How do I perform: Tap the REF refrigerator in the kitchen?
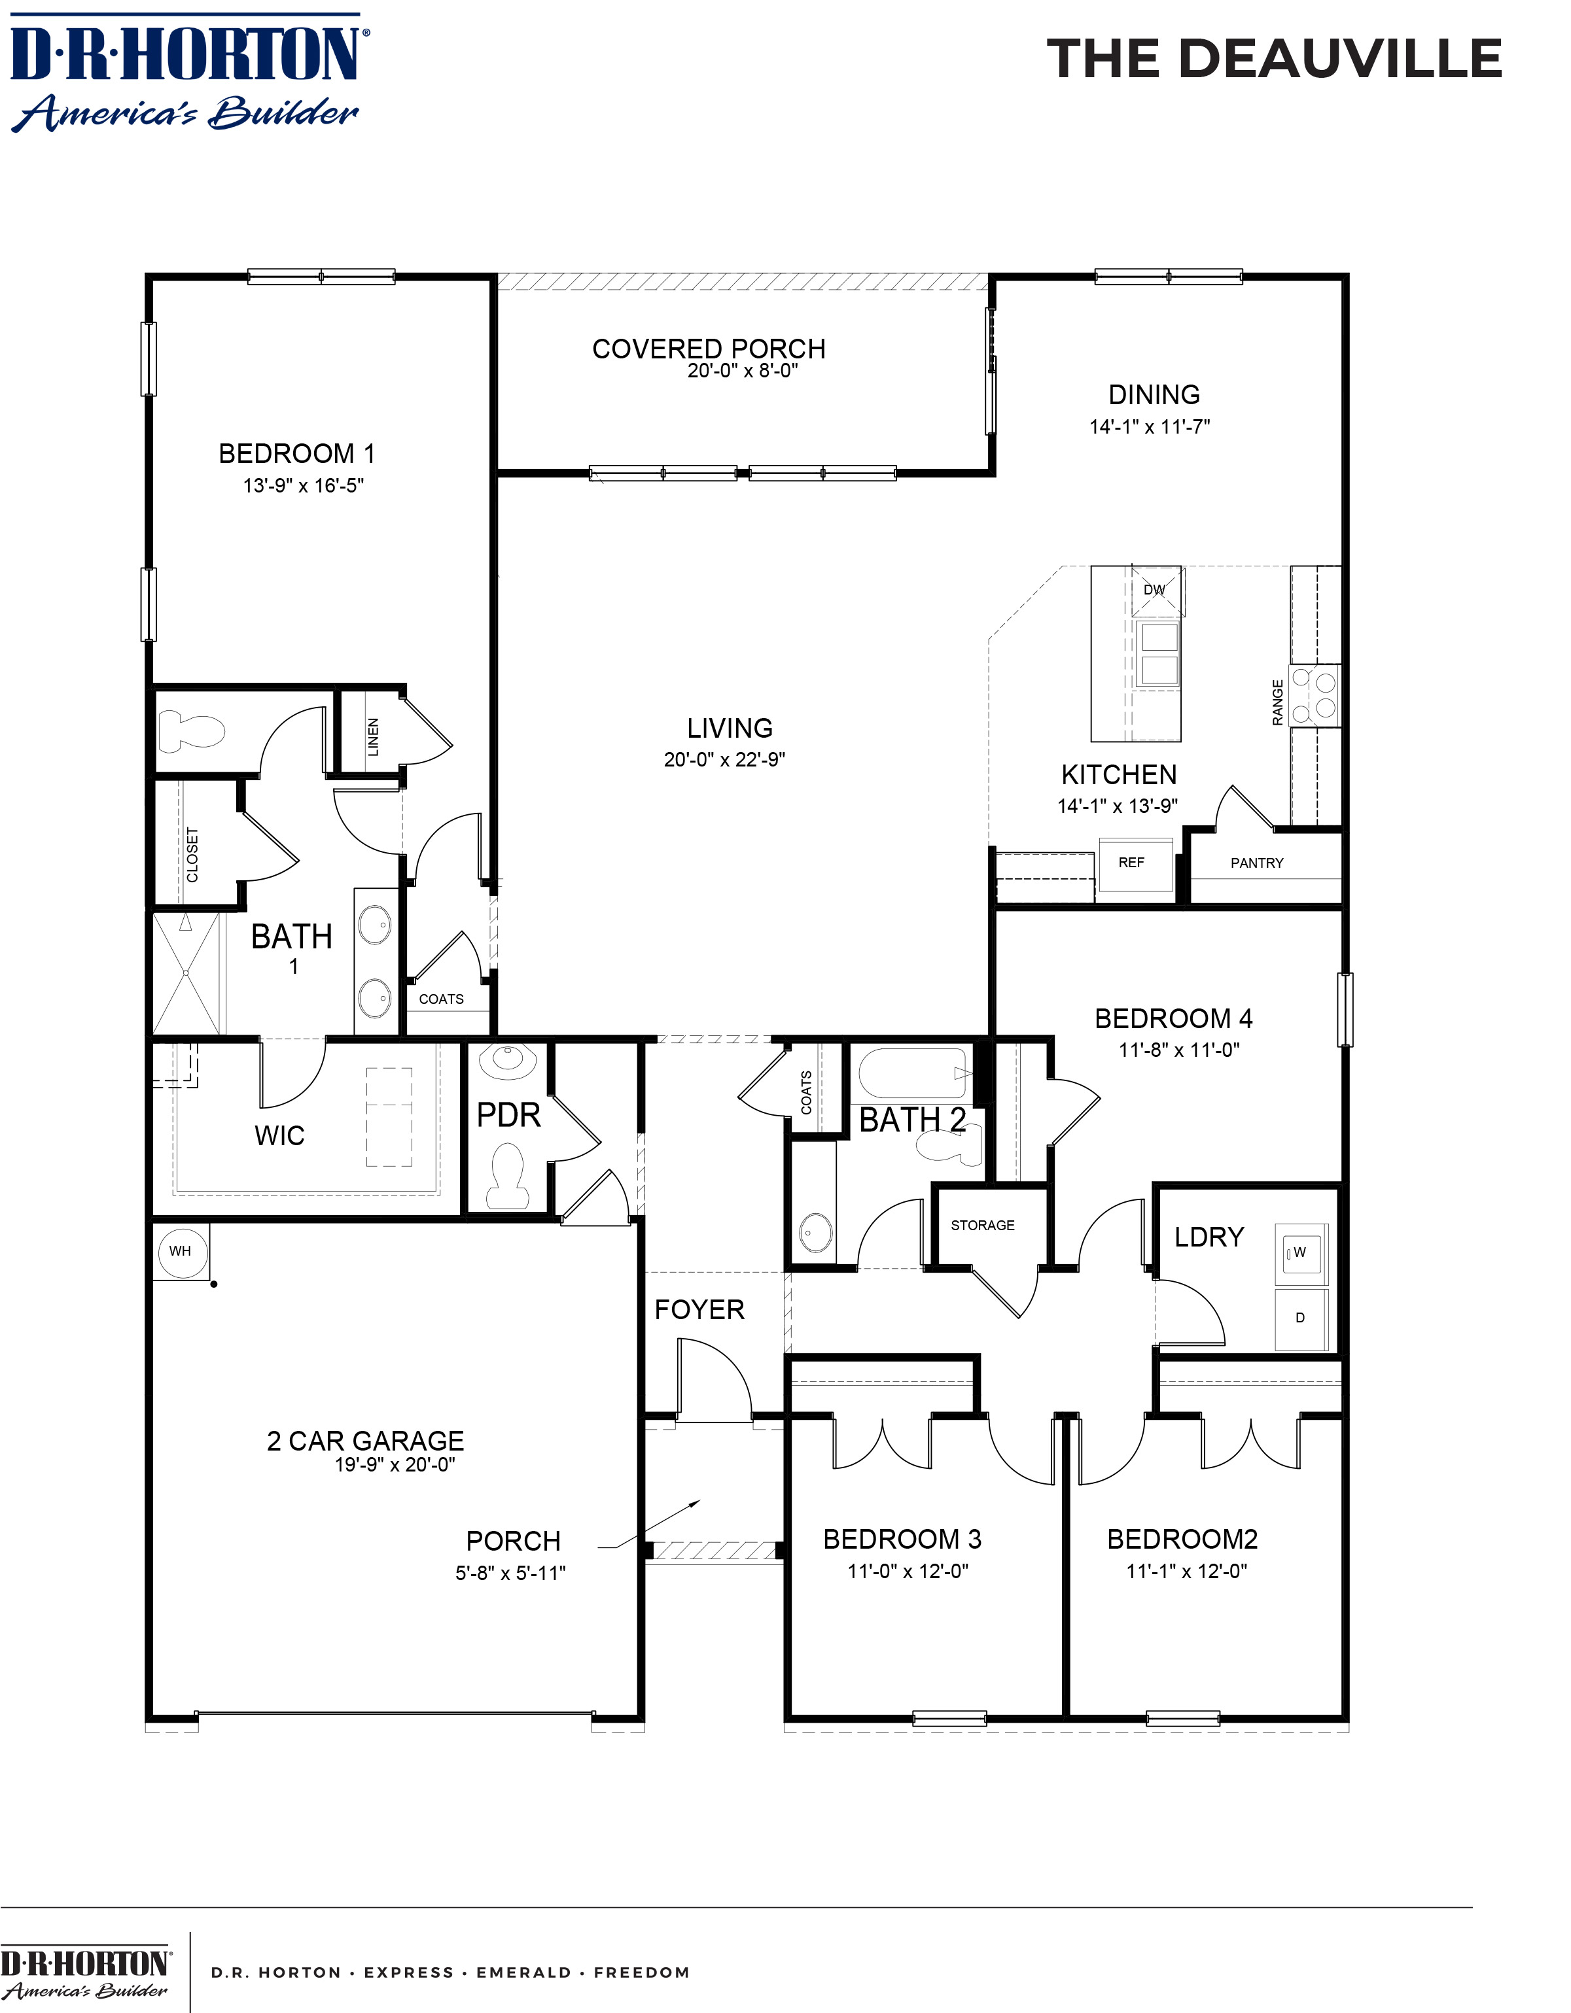pyautogui.click(x=1135, y=864)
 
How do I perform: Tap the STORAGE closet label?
pyautogui.click(x=983, y=1225)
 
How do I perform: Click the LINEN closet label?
pyautogui.click(x=372, y=737)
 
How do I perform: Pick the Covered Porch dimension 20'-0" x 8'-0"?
pyautogui.click(x=742, y=371)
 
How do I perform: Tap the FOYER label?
pyautogui.click(x=699, y=1310)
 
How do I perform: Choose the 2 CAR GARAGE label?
pyautogui.click(x=365, y=1441)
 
